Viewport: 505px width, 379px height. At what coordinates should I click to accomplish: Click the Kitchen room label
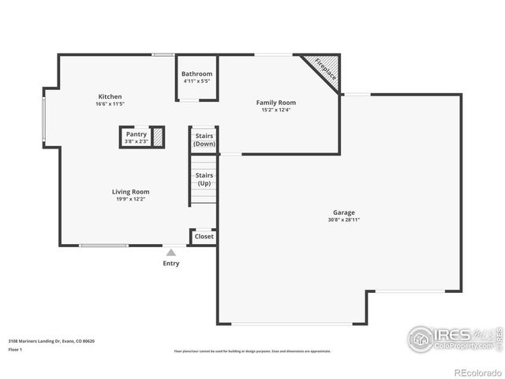(x=110, y=96)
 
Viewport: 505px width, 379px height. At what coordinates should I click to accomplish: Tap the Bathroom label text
(x=196, y=73)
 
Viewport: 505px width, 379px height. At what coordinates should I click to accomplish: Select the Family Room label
(x=276, y=103)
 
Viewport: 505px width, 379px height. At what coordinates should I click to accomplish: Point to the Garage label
(x=343, y=212)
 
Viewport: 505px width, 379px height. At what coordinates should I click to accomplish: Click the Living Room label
(x=130, y=192)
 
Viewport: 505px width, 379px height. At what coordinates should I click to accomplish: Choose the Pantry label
(x=136, y=134)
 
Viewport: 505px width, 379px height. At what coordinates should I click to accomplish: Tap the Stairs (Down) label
(x=204, y=140)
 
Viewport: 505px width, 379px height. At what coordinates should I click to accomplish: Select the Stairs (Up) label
(x=204, y=179)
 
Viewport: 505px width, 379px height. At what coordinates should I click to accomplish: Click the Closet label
(x=204, y=236)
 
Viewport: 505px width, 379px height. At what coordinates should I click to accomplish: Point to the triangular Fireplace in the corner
(x=326, y=68)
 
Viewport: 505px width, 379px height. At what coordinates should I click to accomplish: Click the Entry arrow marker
(x=170, y=253)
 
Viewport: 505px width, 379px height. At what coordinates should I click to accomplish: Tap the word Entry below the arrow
(x=170, y=264)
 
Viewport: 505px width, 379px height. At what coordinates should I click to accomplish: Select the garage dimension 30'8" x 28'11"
(x=343, y=220)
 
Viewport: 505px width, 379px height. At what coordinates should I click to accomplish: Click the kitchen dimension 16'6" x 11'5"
(x=110, y=104)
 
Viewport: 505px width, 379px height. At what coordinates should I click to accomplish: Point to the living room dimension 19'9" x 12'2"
(x=130, y=199)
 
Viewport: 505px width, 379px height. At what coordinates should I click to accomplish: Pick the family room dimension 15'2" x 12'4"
(x=276, y=111)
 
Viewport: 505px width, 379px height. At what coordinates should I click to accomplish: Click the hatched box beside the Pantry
(x=158, y=136)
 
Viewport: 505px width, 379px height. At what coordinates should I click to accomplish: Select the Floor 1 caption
(x=15, y=349)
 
